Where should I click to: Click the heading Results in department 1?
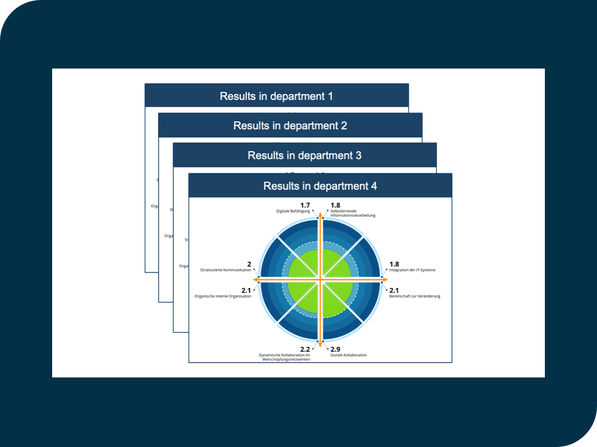click(x=276, y=96)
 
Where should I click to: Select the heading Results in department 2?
click(x=290, y=126)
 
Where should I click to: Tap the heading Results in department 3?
click(x=304, y=155)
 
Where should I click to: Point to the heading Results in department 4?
click(x=320, y=186)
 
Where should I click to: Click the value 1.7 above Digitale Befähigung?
click(x=305, y=205)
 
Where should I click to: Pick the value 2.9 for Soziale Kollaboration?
click(x=335, y=349)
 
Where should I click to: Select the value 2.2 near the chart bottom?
click(x=305, y=349)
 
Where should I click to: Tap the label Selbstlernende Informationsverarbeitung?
click(x=353, y=213)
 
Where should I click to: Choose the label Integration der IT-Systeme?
click(x=412, y=270)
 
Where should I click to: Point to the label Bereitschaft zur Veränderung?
click(x=415, y=296)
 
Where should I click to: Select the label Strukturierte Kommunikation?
click(x=225, y=270)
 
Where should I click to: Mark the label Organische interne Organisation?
click(x=223, y=296)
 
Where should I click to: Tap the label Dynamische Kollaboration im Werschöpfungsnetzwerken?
click(x=285, y=357)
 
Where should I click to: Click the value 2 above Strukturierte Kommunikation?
click(x=249, y=264)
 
